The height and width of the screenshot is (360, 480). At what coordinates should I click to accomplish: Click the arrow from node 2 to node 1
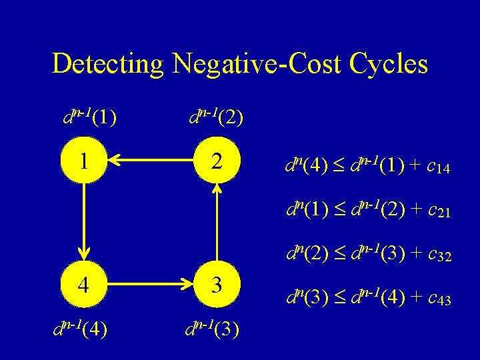(x=151, y=160)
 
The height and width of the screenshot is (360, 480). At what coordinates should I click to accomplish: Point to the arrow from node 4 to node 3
(x=151, y=285)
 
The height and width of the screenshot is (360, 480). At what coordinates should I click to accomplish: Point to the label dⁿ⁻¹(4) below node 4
(x=83, y=327)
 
